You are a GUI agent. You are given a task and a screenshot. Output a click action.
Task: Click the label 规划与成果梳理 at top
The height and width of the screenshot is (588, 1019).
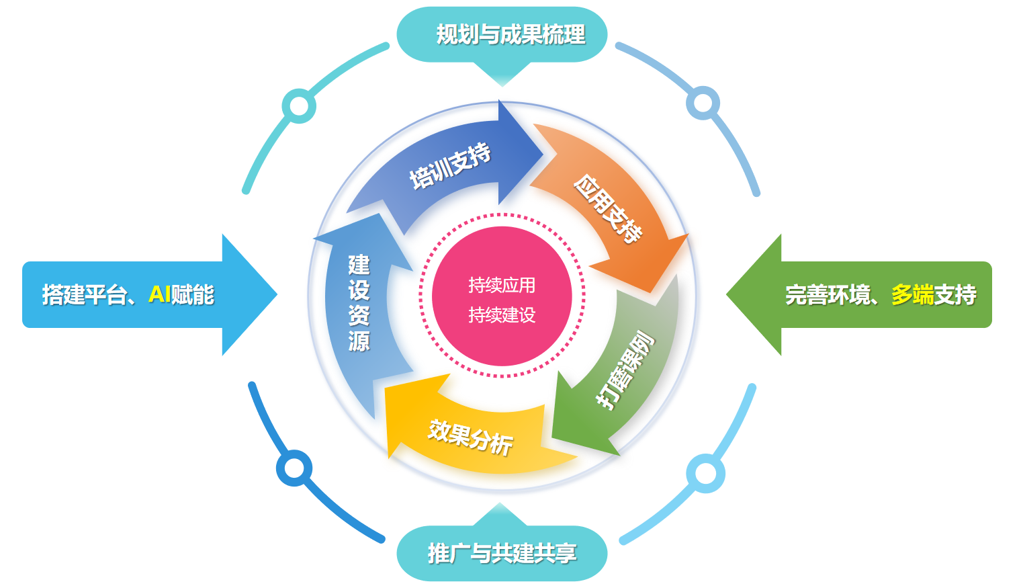(x=510, y=34)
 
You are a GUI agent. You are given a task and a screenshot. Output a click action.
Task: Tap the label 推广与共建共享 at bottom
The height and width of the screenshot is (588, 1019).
(x=502, y=553)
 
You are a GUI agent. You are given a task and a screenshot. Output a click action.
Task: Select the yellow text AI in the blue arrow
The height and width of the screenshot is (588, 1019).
(x=159, y=294)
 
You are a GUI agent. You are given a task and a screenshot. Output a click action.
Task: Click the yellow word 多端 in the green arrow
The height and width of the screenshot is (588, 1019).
(x=912, y=294)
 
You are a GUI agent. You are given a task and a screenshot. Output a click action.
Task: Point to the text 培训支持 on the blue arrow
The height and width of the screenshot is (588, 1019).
(x=450, y=166)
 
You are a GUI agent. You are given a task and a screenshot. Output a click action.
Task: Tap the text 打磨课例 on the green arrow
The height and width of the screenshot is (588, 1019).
(x=625, y=369)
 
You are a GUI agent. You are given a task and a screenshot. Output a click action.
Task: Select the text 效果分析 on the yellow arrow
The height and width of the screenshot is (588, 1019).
(x=470, y=437)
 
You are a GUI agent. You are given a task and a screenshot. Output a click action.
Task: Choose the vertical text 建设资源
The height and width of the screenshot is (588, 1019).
(x=359, y=302)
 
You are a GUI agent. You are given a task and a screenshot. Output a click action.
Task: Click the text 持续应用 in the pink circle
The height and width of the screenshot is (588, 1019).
(x=502, y=285)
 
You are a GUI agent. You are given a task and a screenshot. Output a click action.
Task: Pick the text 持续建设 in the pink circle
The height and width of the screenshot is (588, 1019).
(x=502, y=314)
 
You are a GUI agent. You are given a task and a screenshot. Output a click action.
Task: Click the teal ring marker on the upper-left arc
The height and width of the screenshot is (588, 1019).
(x=299, y=106)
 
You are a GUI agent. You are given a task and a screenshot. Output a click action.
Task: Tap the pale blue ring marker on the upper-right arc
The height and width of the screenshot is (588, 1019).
(x=703, y=103)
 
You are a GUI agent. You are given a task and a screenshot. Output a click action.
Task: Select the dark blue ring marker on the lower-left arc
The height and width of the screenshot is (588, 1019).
(x=294, y=468)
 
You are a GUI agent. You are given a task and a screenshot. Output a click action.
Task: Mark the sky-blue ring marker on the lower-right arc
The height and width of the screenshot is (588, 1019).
(x=705, y=473)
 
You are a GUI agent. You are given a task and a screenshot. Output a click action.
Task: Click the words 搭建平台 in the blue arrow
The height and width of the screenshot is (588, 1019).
(x=84, y=294)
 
